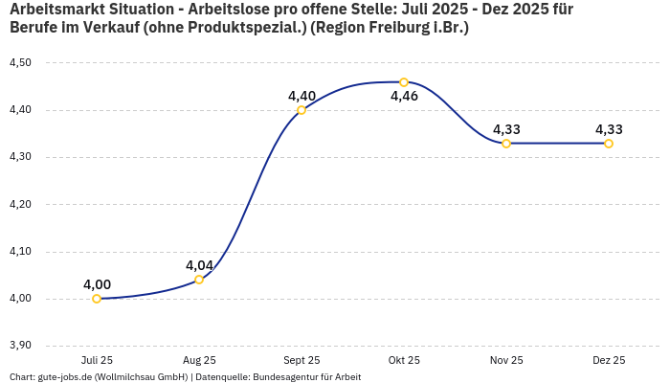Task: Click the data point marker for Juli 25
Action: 97,299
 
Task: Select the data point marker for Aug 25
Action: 199,280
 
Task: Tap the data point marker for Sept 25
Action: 301,110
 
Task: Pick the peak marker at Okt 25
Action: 404,82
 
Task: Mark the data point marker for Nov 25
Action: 506,144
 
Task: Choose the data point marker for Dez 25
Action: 609,144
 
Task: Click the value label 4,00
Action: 97,284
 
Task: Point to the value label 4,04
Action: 199,265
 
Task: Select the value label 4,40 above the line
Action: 301,96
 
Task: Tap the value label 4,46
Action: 404,96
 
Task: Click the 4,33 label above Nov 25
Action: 506,129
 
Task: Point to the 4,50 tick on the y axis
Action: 19,63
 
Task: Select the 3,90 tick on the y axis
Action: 19,346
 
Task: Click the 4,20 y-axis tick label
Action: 19,204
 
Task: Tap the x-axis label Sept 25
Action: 301,361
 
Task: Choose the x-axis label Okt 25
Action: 404,361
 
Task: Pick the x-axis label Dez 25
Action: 609,361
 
